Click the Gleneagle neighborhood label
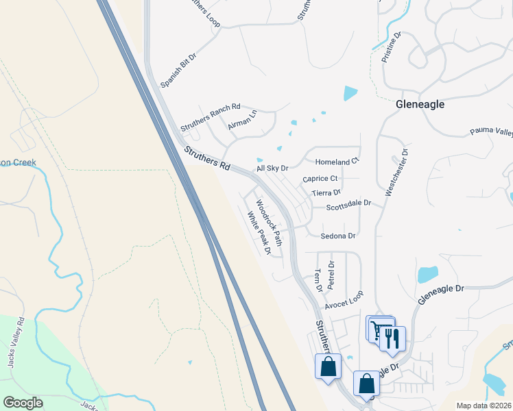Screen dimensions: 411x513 point(420,105)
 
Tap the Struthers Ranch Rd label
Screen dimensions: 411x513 point(211,117)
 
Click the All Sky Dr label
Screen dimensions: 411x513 point(272,168)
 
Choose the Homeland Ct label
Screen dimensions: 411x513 point(337,162)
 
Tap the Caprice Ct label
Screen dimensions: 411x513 point(320,179)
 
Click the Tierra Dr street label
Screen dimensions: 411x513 point(326,193)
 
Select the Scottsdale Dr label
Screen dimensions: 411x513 point(348,204)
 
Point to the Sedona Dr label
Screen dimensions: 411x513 point(338,236)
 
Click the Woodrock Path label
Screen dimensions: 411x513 point(269,223)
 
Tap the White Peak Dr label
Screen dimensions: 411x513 point(259,232)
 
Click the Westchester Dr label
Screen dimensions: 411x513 point(396,173)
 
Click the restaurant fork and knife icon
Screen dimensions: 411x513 point(392,338)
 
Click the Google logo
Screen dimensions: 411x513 point(23,403)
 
